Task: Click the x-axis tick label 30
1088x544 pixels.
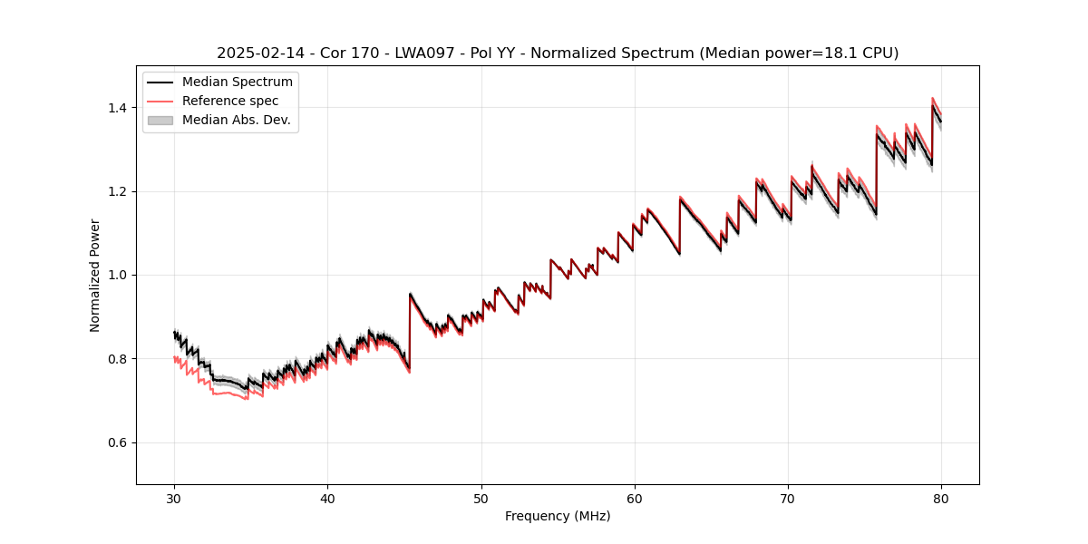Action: [174, 498]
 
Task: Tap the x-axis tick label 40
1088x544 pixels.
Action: [327, 498]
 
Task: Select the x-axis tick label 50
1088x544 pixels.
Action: [481, 498]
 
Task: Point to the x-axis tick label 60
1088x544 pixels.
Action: [635, 498]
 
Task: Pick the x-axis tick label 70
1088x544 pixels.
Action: [788, 498]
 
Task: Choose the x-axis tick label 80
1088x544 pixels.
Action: [941, 498]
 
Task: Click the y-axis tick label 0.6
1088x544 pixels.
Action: [117, 442]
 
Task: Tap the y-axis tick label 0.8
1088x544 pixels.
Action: [117, 359]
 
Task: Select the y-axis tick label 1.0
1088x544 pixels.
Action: [117, 275]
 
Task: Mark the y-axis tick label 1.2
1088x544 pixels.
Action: [117, 191]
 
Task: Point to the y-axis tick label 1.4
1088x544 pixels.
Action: [117, 108]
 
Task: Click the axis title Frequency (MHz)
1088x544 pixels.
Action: [558, 516]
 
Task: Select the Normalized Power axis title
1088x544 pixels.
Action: [95, 275]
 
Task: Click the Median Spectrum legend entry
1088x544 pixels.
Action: [237, 83]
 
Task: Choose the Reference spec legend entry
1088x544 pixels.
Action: [230, 101]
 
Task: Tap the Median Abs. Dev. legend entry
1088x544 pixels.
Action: [236, 120]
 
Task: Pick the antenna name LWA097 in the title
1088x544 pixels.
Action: [424, 53]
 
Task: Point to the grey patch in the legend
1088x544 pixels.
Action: [161, 120]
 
